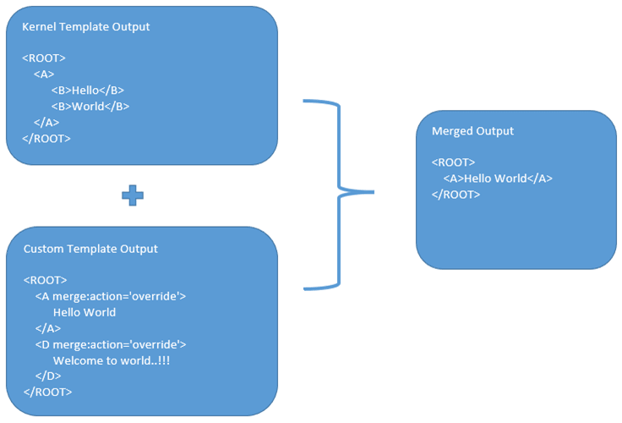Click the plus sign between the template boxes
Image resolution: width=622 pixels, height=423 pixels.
click(x=133, y=195)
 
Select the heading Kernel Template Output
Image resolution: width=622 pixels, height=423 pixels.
click(x=85, y=26)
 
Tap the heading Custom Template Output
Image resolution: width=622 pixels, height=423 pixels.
click(x=90, y=249)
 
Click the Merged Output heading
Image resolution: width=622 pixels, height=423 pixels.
click(x=472, y=131)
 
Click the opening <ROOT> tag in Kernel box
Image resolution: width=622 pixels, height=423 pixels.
click(x=44, y=58)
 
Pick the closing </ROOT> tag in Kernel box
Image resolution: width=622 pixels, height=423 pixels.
click(x=46, y=139)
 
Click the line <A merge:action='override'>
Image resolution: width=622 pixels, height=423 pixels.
click(x=110, y=296)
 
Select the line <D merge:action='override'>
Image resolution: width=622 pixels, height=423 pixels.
click(x=110, y=344)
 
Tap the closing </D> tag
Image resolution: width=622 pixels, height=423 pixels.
click(x=48, y=376)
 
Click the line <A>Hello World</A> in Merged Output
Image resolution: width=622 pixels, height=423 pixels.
click(x=497, y=179)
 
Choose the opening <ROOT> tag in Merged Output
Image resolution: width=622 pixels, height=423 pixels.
click(x=453, y=162)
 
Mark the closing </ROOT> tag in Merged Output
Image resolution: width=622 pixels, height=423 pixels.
click(x=456, y=195)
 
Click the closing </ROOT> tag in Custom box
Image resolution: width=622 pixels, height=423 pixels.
click(x=47, y=393)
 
